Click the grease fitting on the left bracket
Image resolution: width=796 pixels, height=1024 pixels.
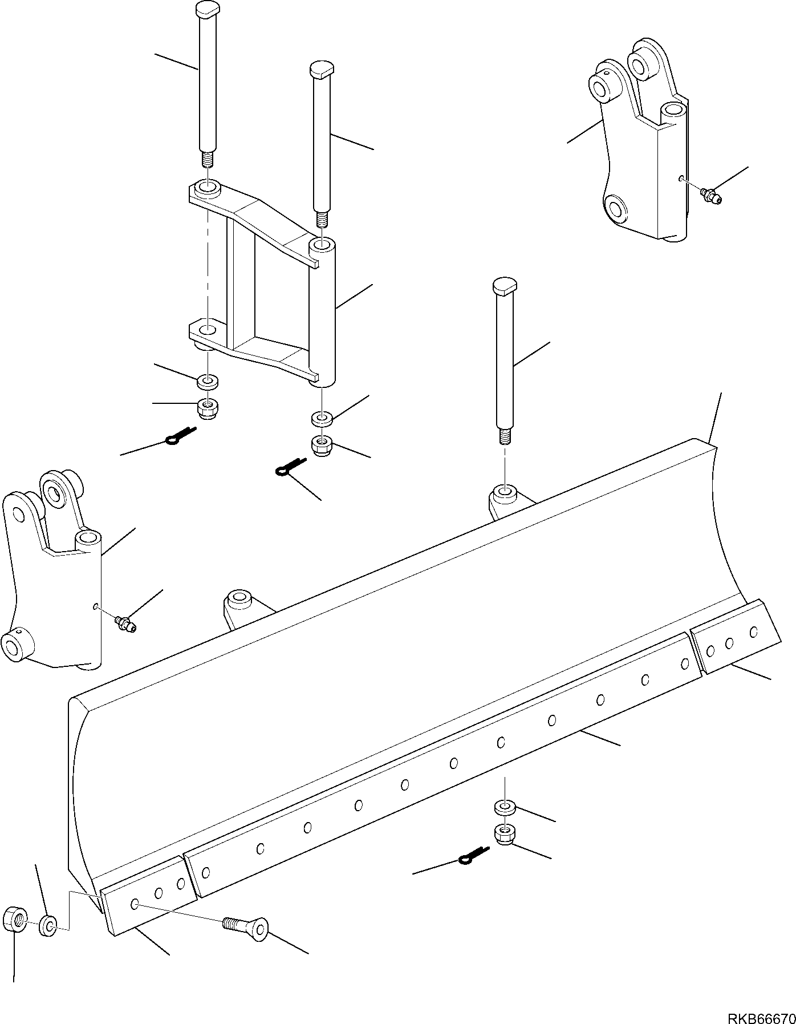pos(125,623)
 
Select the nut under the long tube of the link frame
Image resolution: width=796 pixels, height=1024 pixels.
pos(322,444)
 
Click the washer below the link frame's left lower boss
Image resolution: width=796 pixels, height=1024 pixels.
pos(208,381)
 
